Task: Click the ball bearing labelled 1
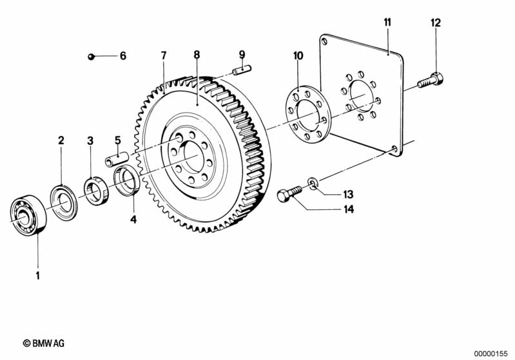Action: pyautogui.click(x=28, y=215)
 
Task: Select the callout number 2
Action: pyautogui.click(x=61, y=140)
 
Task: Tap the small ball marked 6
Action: pyautogui.click(x=92, y=57)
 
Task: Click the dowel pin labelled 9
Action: pyautogui.click(x=242, y=70)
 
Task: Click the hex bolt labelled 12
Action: pyautogui.click(x=431, y=81)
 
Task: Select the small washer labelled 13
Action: pyautogui.click(x=313, y=183)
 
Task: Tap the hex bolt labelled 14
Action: pyautogui.click(x=289, y=194)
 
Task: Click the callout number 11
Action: pyautogui.click(x=387, y=23)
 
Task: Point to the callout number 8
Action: pyautogui.click(x=197, y=55)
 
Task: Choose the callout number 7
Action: pyautogui.click(x=164, y=55)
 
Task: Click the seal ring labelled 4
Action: pyautogui.click(x=127, y=181)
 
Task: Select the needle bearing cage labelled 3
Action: pyautogui.click(x=96, y=191)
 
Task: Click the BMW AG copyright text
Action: pyautogui.click(x=44, y=343)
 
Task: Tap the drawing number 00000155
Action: pyautogui.click(x=491, y=354)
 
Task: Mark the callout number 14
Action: pyautogui.click(x=349, y=209)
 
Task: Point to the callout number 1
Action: pyautogui.click(x=38, y=276)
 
